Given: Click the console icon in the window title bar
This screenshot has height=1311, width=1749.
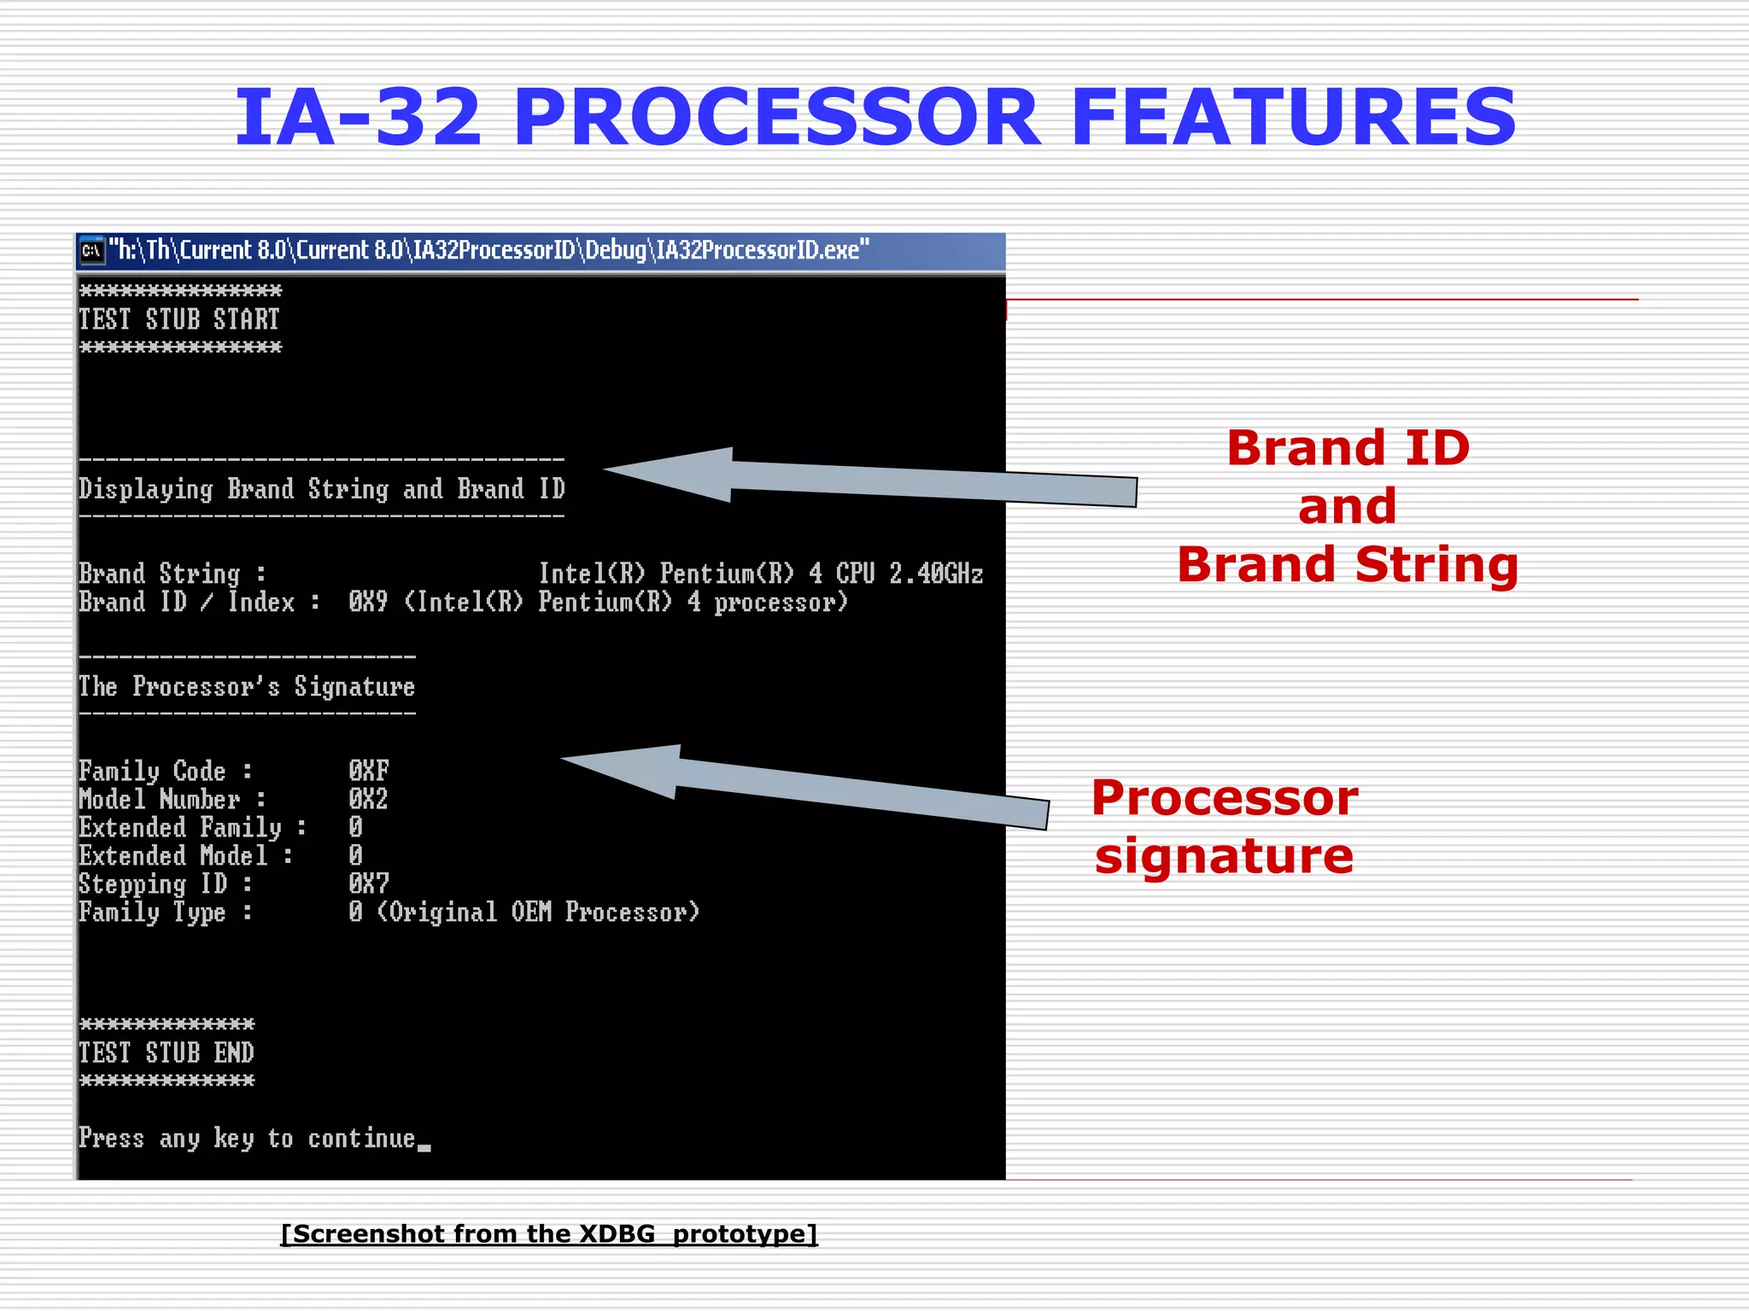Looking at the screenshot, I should [91, 251].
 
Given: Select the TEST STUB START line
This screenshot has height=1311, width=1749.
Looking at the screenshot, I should [179, 319].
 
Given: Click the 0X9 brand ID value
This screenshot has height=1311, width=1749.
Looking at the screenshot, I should [368, 603].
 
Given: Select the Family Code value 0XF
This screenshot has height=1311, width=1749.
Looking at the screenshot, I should [368, 771].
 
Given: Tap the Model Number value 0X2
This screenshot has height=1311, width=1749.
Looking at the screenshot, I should [368, 799].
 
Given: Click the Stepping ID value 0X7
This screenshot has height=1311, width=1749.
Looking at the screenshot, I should [368, 883].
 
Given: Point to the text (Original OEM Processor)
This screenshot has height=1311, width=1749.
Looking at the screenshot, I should [538, 912].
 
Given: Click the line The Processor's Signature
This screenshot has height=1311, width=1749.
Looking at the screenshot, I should [247, 687].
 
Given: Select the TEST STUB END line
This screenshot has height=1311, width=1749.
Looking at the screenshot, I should [167, 1052].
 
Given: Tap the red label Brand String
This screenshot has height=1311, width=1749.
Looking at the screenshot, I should [1348, 565].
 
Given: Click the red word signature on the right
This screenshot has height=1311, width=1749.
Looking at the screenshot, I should [1224, 856].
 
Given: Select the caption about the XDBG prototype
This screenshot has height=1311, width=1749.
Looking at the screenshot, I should [549, 1233].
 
